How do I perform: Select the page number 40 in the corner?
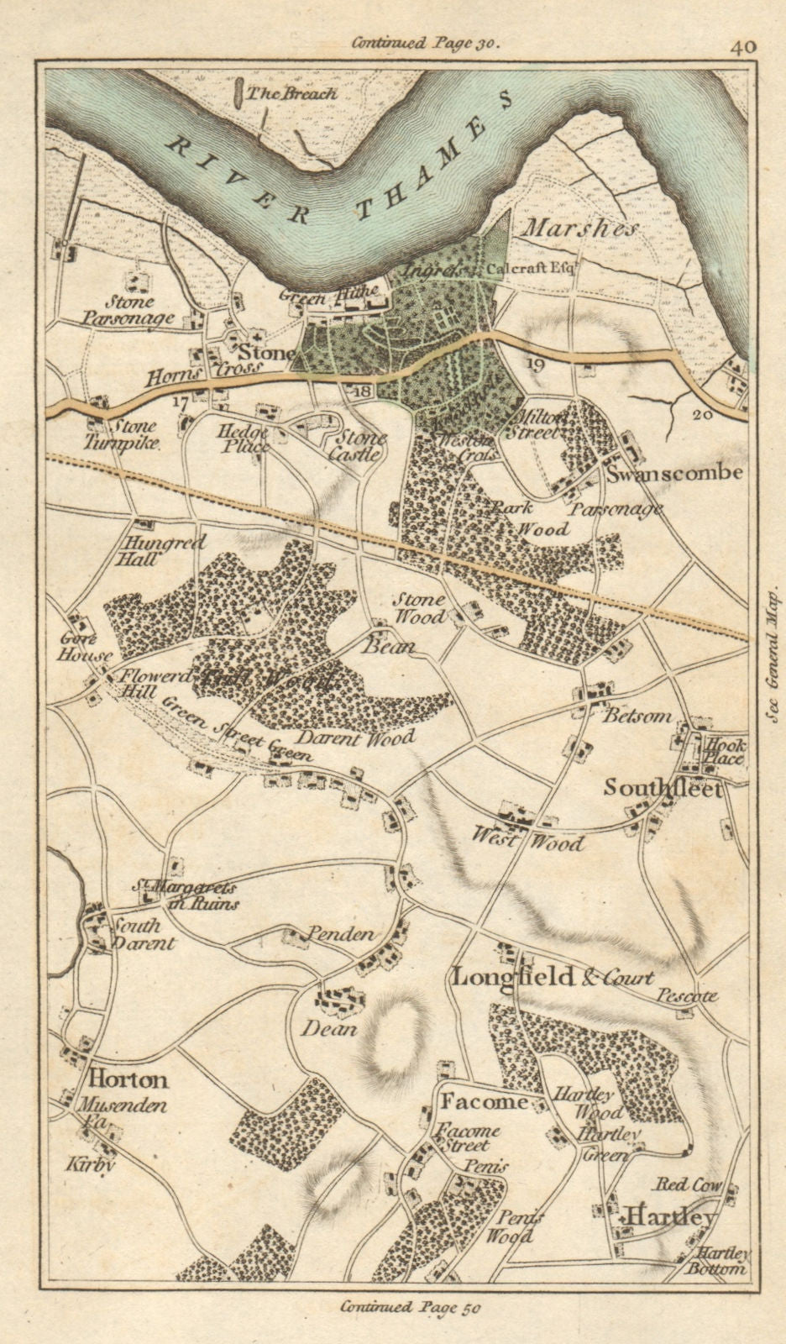point(742,47)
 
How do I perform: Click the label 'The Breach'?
point(286,93)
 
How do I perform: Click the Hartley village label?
point(668,1217)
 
